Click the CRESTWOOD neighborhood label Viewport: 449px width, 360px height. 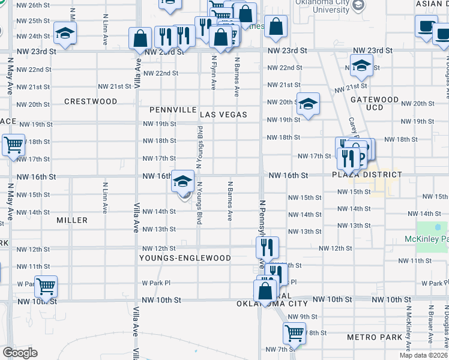click(91, 101)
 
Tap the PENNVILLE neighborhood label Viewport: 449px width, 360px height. click(173, 110)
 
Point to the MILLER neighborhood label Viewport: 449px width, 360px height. click(72, 220)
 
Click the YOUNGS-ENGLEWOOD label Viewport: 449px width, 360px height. click(185, 258)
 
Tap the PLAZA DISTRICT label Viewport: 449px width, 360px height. click(366, 175)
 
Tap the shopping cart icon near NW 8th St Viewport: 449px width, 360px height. click(294, 333)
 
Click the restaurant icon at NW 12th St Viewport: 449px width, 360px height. click(267, 247)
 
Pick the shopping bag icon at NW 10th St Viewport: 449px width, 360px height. click(265, 291)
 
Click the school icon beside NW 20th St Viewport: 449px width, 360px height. click(308, 104)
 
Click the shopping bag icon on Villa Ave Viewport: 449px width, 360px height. click(140, 38)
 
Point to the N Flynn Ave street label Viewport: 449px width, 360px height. click(214, 74)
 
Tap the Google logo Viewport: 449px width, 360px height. click(20, 353)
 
